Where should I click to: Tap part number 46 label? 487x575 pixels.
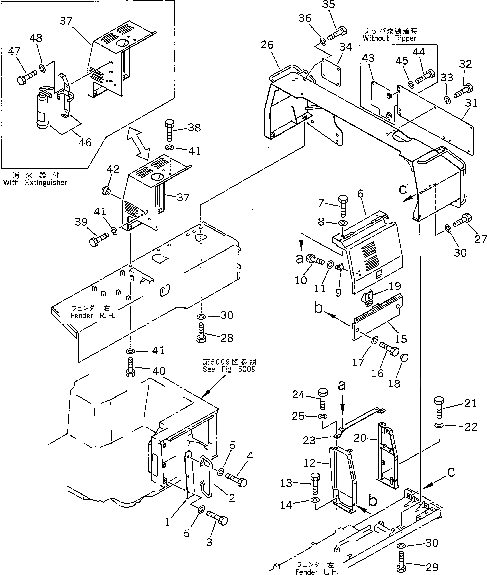[x=85, y=142]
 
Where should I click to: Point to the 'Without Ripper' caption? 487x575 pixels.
[x=389, y=38]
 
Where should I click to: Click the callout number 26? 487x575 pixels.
[x=267, y=45]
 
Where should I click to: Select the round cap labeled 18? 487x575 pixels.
[x=404, y=358]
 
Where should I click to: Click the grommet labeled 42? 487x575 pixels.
[x=106, y=191]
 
